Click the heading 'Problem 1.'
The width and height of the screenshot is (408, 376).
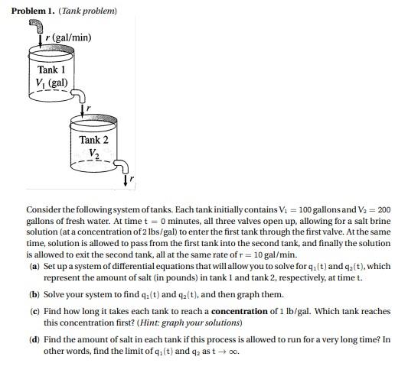click(35, 11)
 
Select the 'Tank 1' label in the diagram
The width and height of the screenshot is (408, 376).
click(51, 70)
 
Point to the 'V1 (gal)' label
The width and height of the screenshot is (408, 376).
click(51, 83)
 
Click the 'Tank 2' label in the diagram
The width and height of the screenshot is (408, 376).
click(94, 140)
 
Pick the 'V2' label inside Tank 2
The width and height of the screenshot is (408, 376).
click(94, 153)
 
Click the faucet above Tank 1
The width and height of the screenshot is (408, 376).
click(34, 28)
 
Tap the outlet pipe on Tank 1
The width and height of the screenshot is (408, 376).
click(79, 95)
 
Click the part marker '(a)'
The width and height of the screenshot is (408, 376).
click(34, 266)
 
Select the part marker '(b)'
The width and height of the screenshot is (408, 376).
click(34, 294)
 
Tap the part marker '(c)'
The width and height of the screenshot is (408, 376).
click(34, 312)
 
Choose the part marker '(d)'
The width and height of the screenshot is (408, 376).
click(34, 339)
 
